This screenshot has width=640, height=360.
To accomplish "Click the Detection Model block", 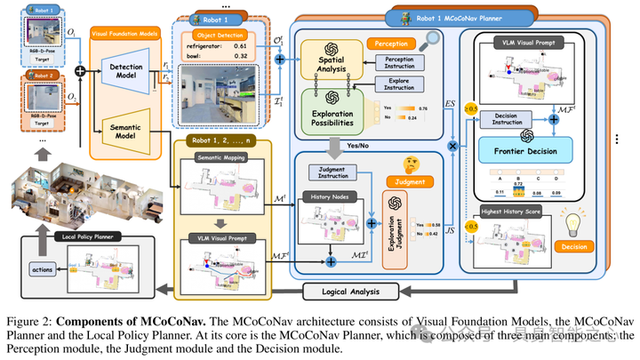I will click(127, 74).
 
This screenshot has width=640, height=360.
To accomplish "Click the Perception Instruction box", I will click(405, 65).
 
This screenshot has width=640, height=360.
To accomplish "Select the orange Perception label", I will click(394, 41).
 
